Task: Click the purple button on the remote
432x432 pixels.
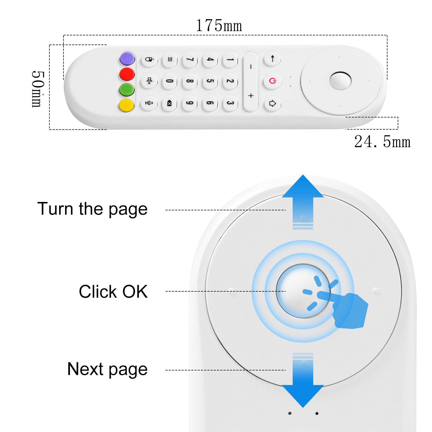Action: pyautogui.click(x=127, y=59)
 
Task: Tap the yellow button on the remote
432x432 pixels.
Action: pyautogui.click(x=127, y=105)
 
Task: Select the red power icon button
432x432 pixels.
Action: pyautogui.click(x=272, y=81)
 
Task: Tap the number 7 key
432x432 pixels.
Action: pyautogui.click(x=190, y=59)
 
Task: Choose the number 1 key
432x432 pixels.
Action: pyautogui.click(x=230, y=59)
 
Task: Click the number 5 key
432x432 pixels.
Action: pyautogui.click(x=210, y=81)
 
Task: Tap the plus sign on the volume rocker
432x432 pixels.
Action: pyautogui.click(x=251, y=96)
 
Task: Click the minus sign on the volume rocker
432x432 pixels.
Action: pyautogui.click(x=251, y=66)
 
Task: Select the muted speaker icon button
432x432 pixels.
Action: pyautogui.click(x=149, y=81)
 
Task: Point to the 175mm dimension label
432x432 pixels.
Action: pyautogui.click(x=219, y=26)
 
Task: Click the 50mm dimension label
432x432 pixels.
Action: pyautogui.click(x=37, y=89)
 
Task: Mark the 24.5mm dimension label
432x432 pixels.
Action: pyautogui.click(x=382, y=141)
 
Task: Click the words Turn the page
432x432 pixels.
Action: pyautogui.click(x=92, y=209)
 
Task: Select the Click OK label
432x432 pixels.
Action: pyautogui.click(x=113, y=292)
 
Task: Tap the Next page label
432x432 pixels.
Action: pyautogui.click(x=107, y=369)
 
